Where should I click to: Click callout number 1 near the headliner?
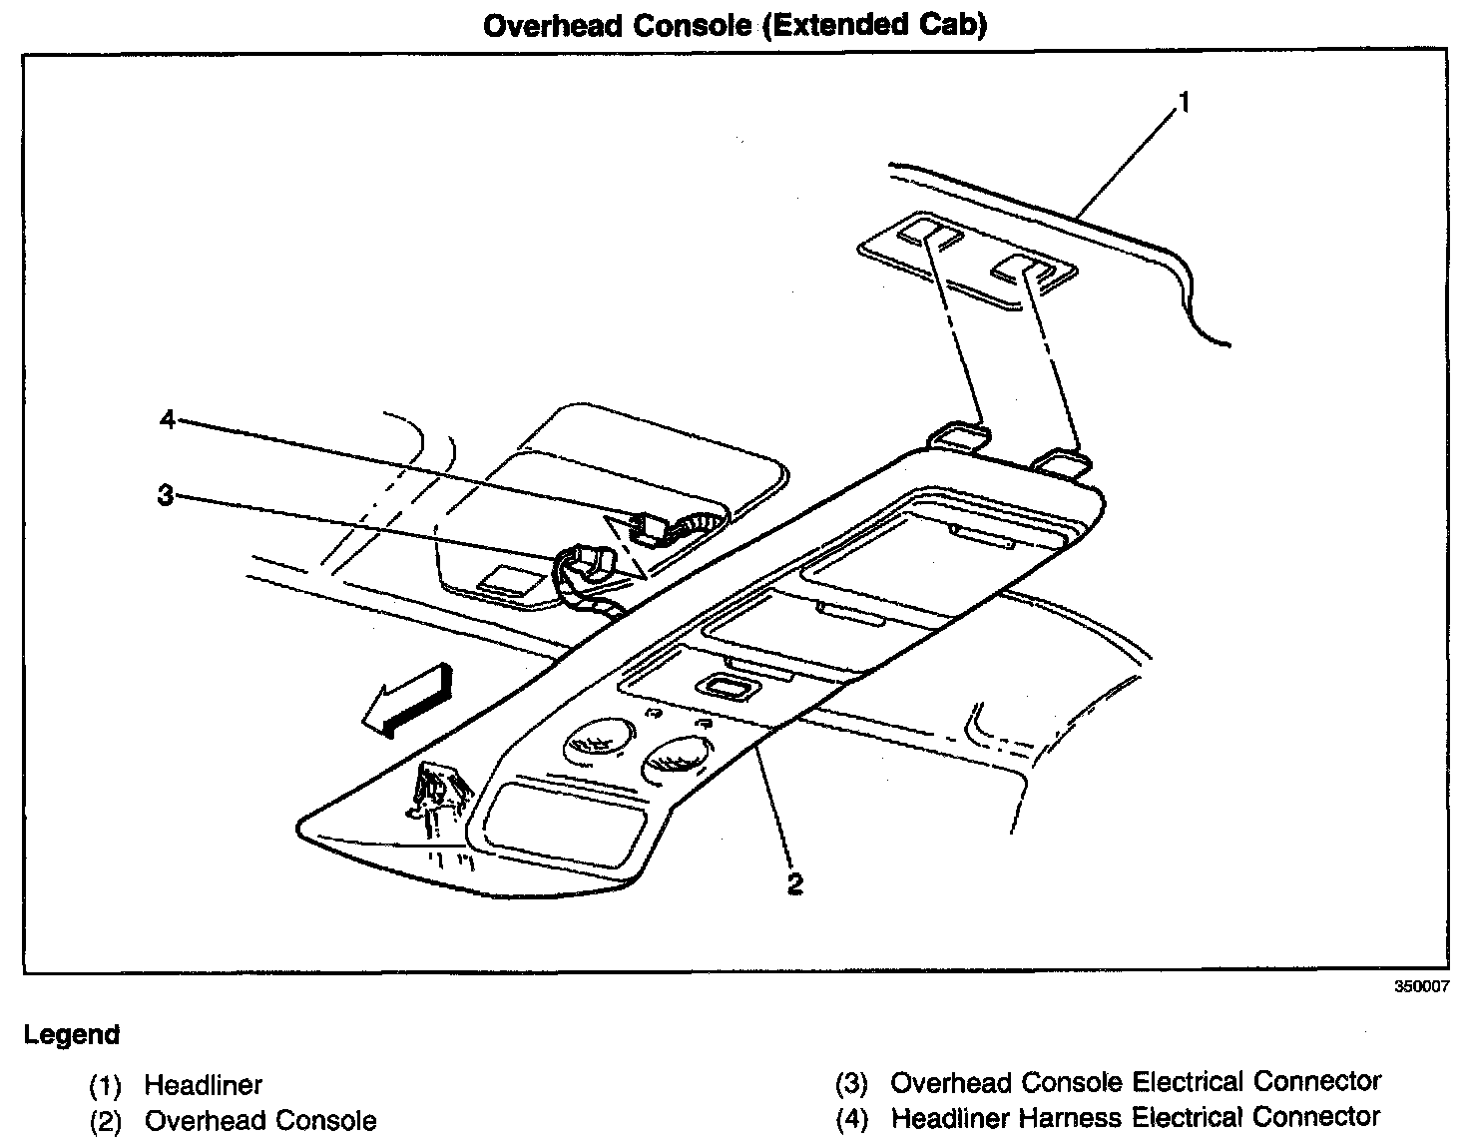coord(1184,103)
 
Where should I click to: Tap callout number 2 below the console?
coord(794,882)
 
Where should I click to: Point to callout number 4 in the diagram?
coord(168,420)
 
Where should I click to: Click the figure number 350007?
coord(1421,986)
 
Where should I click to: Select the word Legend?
coord(72,1034)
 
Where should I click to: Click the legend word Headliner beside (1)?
coord(204,1084)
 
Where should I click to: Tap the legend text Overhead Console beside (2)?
coord(260,1121)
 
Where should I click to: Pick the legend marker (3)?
coord(851,1083)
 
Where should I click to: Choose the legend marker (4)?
coord(851,1118)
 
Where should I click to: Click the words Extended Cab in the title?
coord(874,25)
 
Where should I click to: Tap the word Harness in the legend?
coord(1056,1117)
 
